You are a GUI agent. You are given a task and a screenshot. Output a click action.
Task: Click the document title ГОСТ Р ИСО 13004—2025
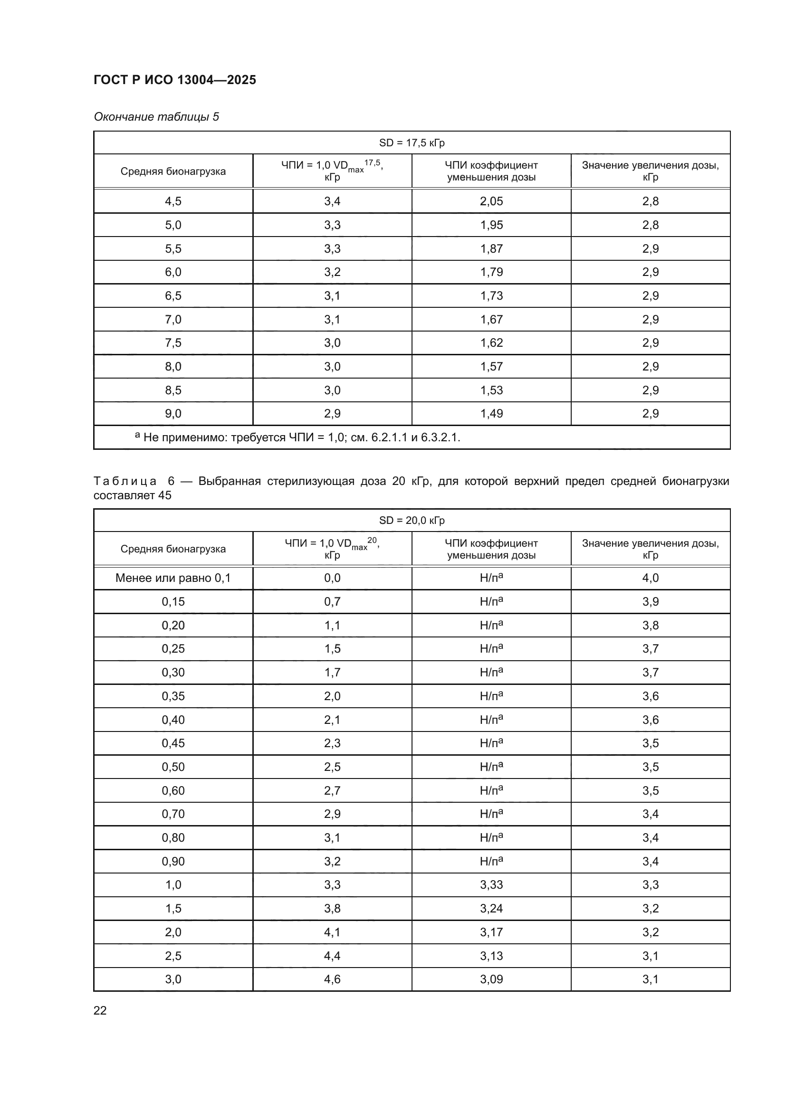175,80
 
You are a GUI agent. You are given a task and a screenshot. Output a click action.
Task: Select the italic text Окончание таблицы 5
156,117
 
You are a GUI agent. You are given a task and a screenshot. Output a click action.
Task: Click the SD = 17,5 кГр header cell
412,143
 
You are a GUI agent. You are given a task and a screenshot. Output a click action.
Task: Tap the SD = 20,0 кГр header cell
412,520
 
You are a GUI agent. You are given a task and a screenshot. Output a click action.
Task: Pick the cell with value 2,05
491,201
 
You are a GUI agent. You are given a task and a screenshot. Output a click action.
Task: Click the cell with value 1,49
491,413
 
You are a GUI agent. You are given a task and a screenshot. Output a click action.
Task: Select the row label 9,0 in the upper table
173,413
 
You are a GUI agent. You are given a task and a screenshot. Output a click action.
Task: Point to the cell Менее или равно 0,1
173,578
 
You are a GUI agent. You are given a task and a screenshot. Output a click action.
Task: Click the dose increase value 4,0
650,578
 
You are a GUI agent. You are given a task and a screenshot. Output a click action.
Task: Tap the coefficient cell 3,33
491,884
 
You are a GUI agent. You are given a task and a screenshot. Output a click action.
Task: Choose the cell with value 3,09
491,979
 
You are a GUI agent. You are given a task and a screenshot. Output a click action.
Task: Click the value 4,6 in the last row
332,979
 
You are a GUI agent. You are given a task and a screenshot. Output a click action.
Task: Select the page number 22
100,1010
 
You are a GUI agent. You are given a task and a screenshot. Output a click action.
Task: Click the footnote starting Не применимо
300,437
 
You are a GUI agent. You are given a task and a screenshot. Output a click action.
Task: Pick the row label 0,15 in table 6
173,601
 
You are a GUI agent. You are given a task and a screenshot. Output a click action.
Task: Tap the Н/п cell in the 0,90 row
491,861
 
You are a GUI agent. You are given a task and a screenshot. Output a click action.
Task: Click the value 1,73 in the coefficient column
491,295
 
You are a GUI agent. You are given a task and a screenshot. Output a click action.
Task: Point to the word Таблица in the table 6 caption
125,481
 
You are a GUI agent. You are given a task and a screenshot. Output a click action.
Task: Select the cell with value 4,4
332,956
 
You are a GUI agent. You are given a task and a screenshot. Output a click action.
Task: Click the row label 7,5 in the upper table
173,342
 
